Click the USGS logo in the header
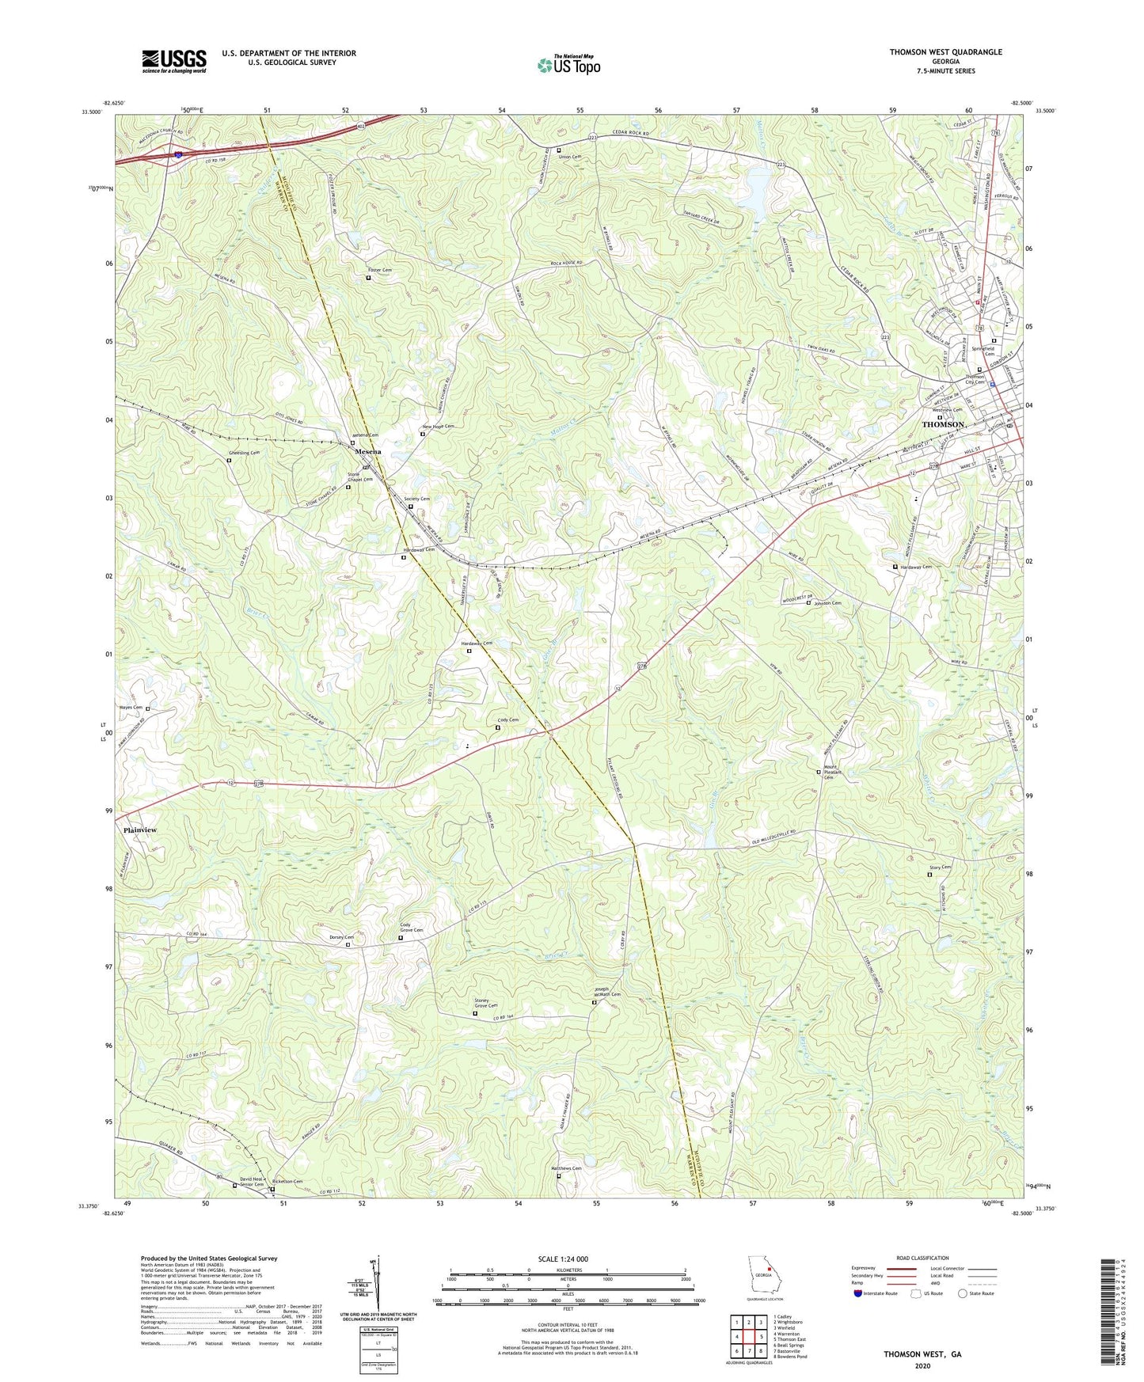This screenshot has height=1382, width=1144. point(174,61)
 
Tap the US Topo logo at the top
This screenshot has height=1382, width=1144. point(568,64)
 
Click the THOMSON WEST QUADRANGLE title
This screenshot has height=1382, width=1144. point(945,52)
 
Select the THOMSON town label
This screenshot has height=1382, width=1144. point(944,425)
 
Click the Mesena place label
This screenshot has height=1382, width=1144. point(367,451)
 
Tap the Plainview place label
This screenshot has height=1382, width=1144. point(140,830)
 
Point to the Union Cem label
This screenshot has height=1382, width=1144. point(570,157)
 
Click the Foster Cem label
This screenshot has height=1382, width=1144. point(380,271)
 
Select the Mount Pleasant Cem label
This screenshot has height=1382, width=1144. point(830,772)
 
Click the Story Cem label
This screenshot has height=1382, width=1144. point(940,868)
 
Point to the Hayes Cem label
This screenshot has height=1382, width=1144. point(131,708)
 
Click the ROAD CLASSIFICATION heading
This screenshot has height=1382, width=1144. point(922,1258)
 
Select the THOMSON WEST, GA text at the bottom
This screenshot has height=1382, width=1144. point(922,1354)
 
